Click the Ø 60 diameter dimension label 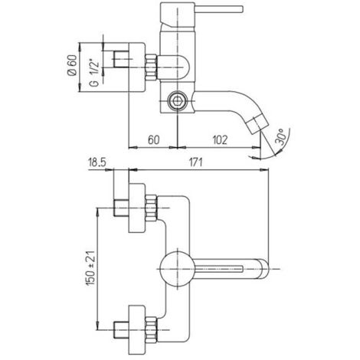[x=72, y=65]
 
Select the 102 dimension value [x=220, y=140]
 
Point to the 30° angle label [x=281, y=137]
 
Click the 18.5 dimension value [x=97, y=162]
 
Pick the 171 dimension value [x=195, y=162]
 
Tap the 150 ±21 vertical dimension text [x=91, y=268]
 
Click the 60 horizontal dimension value [x=154, y=140]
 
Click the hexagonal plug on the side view [x=177, y=102]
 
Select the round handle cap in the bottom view [x=177, y=269]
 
